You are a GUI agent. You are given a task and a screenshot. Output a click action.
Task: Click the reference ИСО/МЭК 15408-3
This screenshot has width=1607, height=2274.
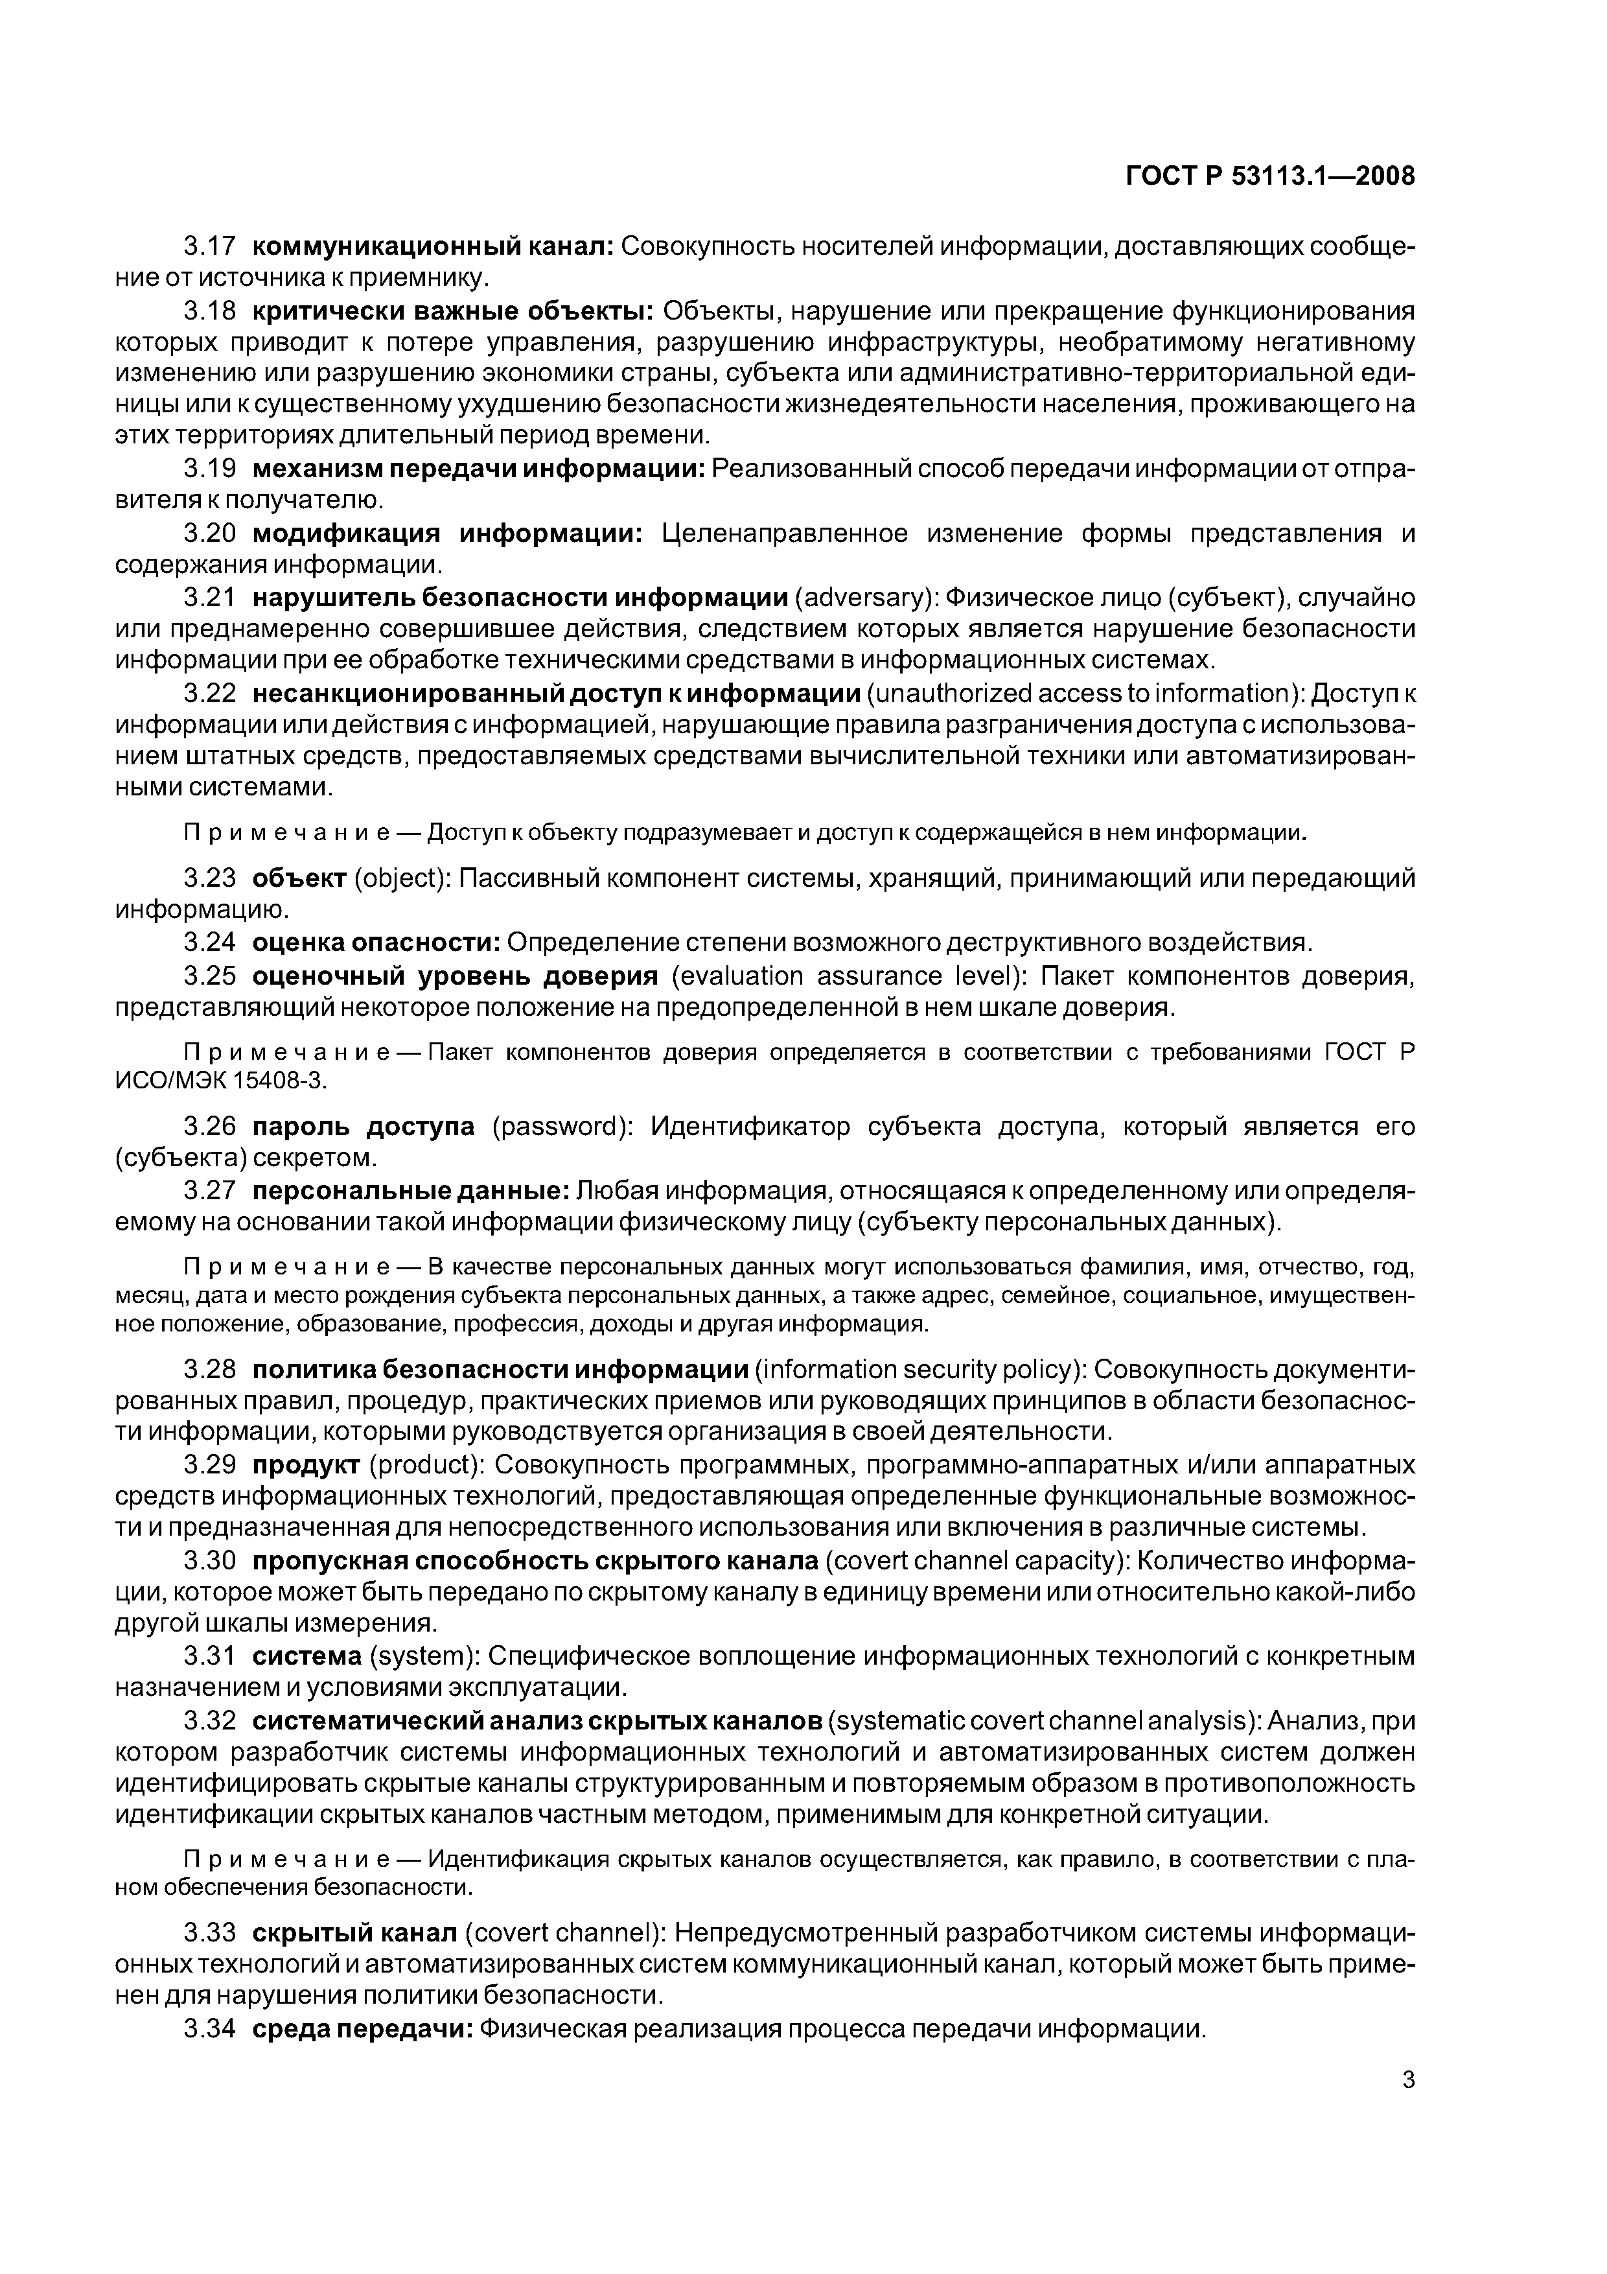(x=220, y=1081)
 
